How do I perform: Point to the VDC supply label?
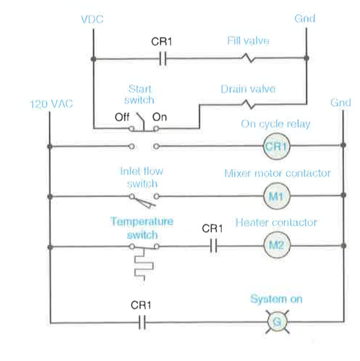92,20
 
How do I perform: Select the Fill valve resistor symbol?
248,59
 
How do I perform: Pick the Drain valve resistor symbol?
248,103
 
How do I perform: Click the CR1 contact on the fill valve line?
163,59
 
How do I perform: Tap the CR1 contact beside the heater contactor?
213,246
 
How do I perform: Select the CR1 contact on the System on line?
142,322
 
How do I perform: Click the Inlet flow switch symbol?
143,197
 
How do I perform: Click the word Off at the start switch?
122,117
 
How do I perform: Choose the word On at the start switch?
160,117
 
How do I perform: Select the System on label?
276,299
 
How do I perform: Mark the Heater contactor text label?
276,223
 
